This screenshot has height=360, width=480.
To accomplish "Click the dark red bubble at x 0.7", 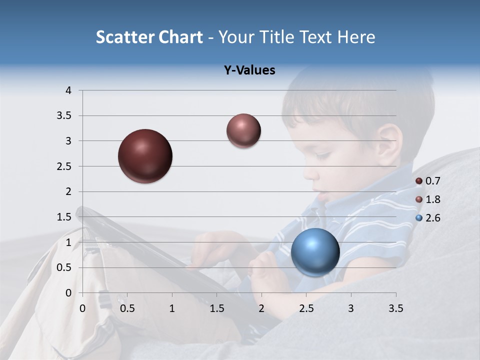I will point(145,156).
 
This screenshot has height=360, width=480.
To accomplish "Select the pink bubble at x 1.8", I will point(243,130).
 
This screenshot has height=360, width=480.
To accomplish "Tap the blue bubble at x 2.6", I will point(315,252).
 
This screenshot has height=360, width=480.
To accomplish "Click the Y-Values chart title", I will point(249,70).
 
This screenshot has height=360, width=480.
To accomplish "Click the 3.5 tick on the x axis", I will point(396,308).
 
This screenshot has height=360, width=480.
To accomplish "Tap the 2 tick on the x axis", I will point(261,308).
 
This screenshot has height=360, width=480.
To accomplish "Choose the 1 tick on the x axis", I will point(172,308).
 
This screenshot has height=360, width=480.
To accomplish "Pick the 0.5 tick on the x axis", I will point(127,308).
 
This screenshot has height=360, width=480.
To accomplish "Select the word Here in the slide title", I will point(356,37).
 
